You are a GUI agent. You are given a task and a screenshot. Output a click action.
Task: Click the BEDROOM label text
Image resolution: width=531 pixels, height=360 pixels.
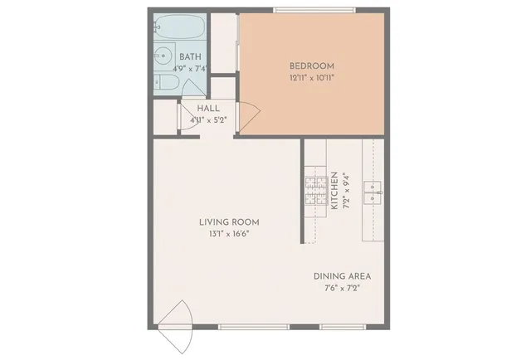pyautogui.click(x=311, y=66)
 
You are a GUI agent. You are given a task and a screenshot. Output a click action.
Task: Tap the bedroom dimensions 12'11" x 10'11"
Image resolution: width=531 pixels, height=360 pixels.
pyautogui.click(x=311, y=78)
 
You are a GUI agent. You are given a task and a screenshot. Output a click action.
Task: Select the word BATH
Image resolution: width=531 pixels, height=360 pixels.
pyautogui.click(x=190, y=57)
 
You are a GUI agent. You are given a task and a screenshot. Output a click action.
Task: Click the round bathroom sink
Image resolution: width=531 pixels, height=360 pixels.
pyautogui.click(x=160, y=59)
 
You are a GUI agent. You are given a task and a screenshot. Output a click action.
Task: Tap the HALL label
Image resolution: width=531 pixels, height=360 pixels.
pyautogui.click(x=208, y=109)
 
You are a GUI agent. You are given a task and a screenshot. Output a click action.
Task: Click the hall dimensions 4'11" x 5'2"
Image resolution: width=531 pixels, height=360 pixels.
pyautogui.click(x=208, y=120)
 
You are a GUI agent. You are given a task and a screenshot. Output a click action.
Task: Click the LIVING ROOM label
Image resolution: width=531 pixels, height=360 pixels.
pyautogui.click(x=229, y=221)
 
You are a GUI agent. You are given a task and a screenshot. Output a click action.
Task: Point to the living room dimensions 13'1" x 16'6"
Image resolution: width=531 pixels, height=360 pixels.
pyautogui.click(x=229, y=234)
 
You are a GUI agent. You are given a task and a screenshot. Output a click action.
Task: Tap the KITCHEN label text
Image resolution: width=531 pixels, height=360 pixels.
pyautogui.click(x=334, y=191)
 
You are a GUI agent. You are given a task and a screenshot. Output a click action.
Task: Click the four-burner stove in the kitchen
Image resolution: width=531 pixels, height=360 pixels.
pyautogui.click(x=315, y=192)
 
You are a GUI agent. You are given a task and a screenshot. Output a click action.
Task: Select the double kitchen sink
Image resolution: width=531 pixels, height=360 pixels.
pyautogui.click(x=376, y=192)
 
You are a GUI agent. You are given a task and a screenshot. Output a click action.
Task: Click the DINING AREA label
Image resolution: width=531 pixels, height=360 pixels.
pyautogui.click(x=342, y=276)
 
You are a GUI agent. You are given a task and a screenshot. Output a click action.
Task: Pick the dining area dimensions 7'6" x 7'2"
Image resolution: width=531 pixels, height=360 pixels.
pyautogui.click(x=342, y=288)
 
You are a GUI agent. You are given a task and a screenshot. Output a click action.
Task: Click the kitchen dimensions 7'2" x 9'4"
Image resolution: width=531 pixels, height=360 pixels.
pyautogui.click(x=346, y=191)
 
